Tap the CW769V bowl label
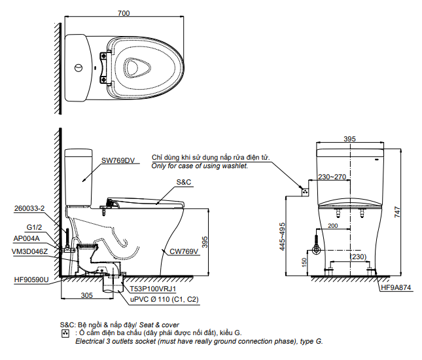(x=183, y=251)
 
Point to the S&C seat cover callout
(x=183, y=182)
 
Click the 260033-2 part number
(x=29, y=209)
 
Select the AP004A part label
(x=27, y=239)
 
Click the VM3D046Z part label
(x=30, y=251)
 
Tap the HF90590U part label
(x=31, y=279)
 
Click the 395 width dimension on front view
(x=349, y=139)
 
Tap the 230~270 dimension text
(x=332, y=177)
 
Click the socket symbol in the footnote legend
(x=64, y=333)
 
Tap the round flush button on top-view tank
(x=79, y=67)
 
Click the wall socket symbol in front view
(x=304, y=191)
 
